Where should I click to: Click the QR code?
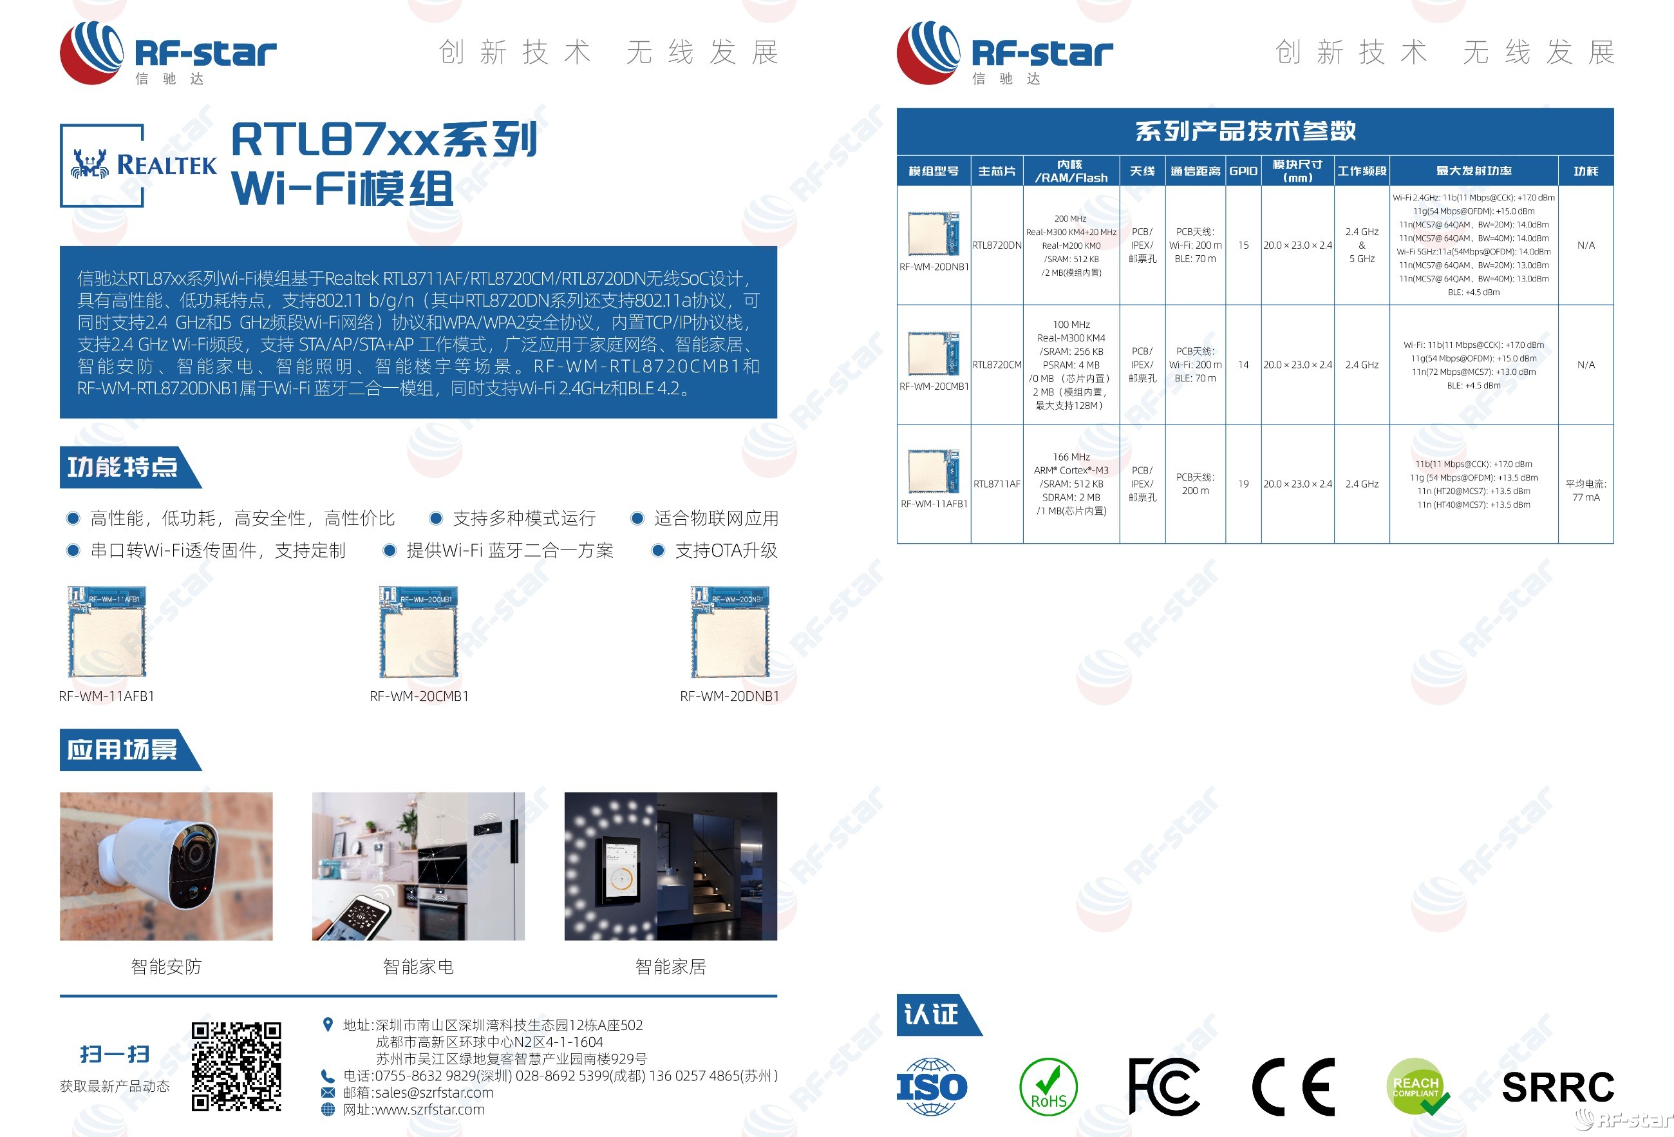236,1065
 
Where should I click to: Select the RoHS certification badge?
1048,1087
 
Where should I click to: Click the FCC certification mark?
1163,1087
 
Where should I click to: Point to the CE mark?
1293,1087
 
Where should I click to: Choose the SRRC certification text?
1557,1087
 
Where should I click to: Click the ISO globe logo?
932,1087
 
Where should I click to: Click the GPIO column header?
1243,171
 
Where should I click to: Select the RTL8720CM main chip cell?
996,365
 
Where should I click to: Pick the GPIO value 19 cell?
1243,484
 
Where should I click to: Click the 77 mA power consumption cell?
1585,491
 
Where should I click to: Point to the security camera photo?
166,866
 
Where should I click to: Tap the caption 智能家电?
418,966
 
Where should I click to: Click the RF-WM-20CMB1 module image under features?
418,632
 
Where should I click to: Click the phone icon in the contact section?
328,1076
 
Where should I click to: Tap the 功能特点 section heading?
123,467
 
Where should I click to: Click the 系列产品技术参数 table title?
1245,131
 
